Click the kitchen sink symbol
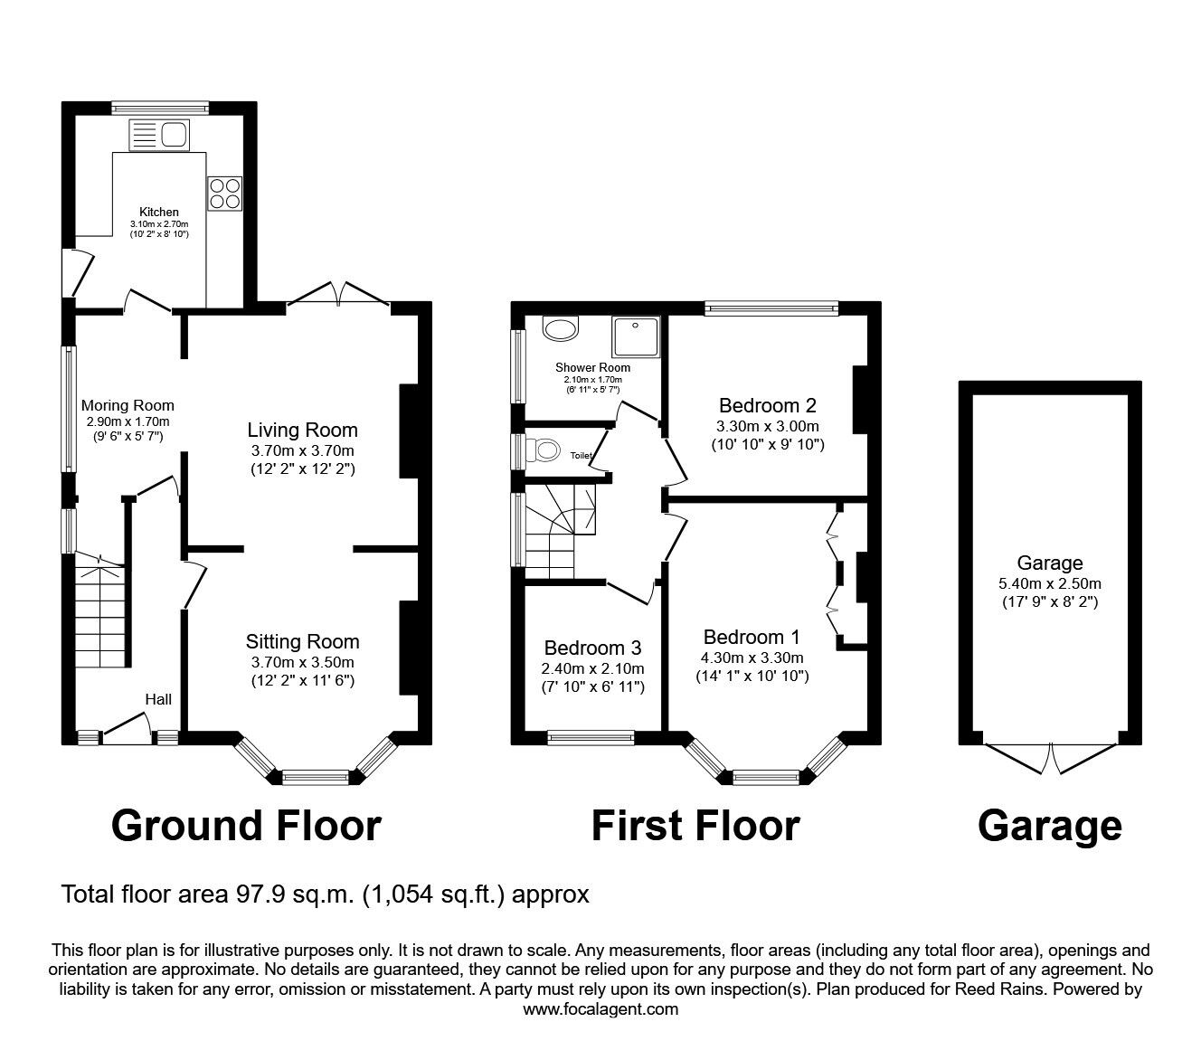[159, 136]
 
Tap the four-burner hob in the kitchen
[224, 193]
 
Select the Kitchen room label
[158, 212]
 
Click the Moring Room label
[128, 405]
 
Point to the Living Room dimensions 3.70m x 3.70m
[303, 450]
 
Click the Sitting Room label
[302, 641]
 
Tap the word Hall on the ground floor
[158, 699]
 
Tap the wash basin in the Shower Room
[561, 328]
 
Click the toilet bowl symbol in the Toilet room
[547, 450]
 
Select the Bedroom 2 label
[768, 405]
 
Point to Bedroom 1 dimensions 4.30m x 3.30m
[752, 658]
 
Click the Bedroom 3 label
[592, 648]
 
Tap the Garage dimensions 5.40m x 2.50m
[1049, 583]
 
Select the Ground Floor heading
[246, 826]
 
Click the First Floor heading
[695, 826]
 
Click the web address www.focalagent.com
[600, 1009]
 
